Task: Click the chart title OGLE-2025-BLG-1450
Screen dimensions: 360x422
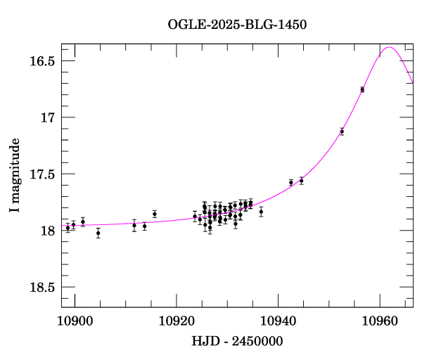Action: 237,25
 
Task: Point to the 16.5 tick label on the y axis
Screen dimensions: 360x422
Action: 42,60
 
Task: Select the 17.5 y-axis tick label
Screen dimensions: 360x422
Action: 42,174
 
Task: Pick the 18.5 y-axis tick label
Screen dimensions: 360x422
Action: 42,288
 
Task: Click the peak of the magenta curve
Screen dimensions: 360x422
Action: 389,48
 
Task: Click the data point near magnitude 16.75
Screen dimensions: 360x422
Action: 362,89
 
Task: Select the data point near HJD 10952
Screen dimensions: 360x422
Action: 342,131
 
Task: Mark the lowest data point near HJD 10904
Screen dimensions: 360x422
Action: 98,233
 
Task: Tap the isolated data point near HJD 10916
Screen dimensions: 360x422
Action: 155,214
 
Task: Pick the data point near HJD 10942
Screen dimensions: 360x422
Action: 291,183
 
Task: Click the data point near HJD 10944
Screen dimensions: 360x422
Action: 301,181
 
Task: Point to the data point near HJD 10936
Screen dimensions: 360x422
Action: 261,212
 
